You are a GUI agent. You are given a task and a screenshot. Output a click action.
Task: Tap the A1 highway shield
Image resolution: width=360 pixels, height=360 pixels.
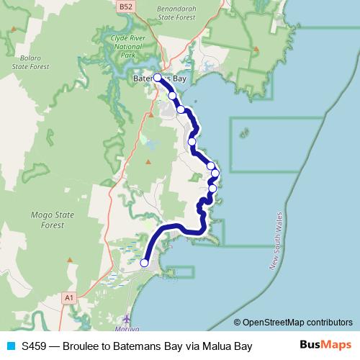69,297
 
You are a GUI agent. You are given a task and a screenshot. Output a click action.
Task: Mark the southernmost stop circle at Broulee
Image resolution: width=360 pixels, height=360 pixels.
144,263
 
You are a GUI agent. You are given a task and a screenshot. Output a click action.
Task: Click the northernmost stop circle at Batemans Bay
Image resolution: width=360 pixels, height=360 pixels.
158,76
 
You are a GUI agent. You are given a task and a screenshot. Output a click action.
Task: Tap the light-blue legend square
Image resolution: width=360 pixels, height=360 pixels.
10,346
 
